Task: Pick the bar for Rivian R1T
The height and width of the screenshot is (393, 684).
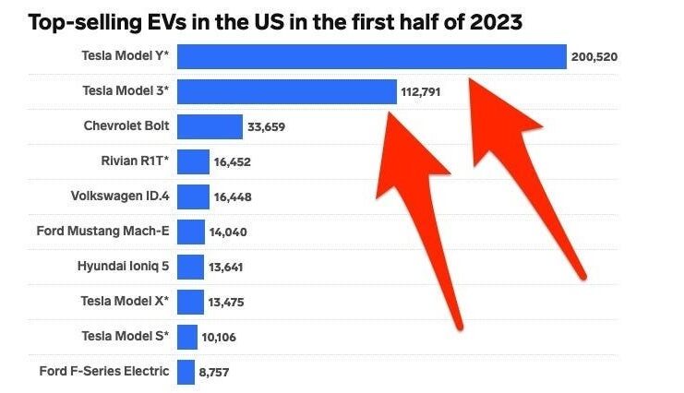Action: [x=193, y=161]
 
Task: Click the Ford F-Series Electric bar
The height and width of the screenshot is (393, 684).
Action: [x=186, y=372]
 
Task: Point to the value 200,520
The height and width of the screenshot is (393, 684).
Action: [x=595, y=57]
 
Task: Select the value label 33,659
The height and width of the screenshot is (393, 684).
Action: [x=268, y=127]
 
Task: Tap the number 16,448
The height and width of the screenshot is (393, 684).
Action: [x=233, y=196]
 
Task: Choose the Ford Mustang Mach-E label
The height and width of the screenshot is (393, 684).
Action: [x=103, y=231]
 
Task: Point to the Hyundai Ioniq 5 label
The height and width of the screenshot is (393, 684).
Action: [x=123, y=266]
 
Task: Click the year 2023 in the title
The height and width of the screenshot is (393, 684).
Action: [x=492, y=20]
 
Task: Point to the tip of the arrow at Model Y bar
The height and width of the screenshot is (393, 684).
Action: [x=470, y=80]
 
